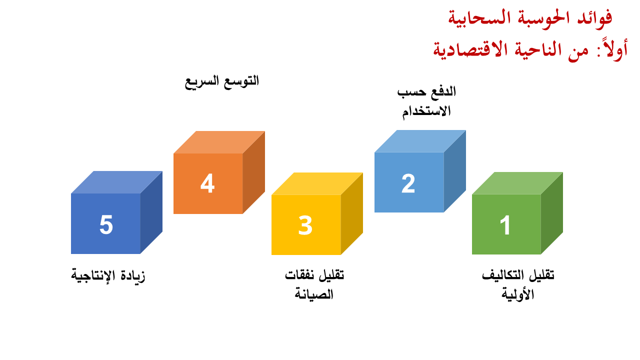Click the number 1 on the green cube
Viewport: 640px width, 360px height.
click(505, 225)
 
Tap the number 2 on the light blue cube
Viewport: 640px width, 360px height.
click(408, 183)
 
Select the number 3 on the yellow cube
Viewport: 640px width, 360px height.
click(305, 225)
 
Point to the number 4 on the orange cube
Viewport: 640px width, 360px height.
click(207, 183)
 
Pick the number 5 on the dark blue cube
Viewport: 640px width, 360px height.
click(106, 225)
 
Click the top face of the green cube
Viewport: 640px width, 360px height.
click(517, 183)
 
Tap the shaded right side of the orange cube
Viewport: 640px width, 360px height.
click(254, 172)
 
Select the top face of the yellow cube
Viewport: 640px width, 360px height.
click(317, 183)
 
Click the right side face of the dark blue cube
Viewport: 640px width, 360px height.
click(151, 212)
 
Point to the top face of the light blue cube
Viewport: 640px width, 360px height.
click(420, 141)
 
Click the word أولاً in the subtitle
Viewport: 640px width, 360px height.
click(613, 49)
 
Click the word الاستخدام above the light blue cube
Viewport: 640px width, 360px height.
click(426, 111)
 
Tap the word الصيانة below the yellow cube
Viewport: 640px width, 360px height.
click(314, 294)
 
